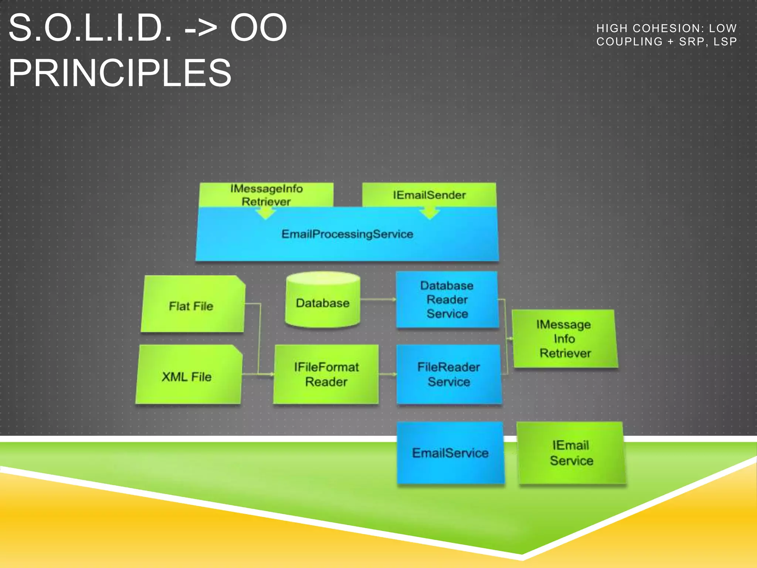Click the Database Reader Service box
(x=447, y=300)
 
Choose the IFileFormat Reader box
(x=326, y=374)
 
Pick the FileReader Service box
(x=449, y=374)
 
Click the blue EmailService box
(x=450, y=453)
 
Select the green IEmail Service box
(x=571, y=453)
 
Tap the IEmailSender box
(x=429, y=195)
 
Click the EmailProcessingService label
(x=347, y=234)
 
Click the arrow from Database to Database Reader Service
(x=378, y=299)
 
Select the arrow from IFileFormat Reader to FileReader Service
(x=387, y=374)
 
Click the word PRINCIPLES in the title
(x=120, y=73)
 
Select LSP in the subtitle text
(x=725, y=42)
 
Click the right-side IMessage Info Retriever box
(x=564, y=339)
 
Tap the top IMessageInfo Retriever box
(x=266, y=195)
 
